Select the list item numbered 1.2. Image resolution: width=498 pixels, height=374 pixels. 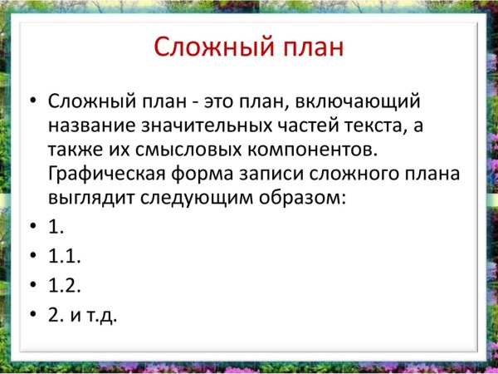65,285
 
